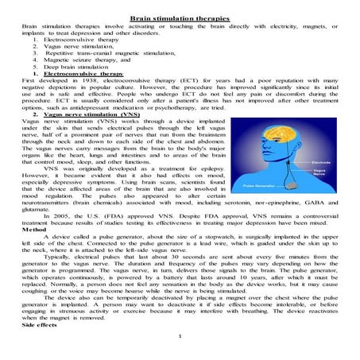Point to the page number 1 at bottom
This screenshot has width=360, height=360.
(x=181, y=357)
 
